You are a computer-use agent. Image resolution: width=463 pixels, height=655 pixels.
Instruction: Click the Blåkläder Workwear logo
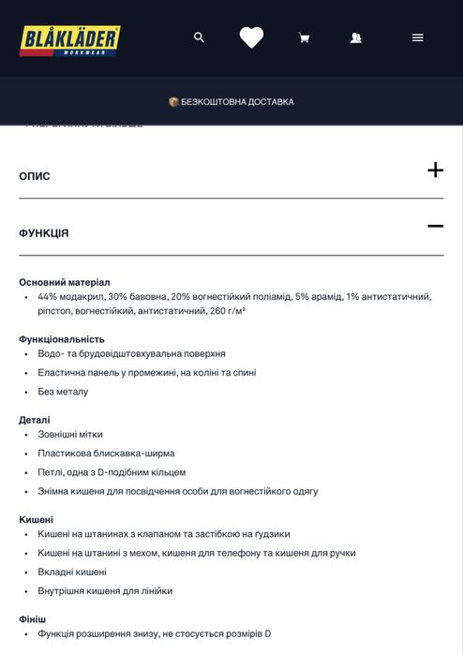70,39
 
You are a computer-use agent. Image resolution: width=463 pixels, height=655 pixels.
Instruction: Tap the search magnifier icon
199,37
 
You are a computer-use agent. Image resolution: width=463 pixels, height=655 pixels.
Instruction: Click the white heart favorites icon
251,37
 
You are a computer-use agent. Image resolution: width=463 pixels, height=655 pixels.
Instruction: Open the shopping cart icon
304,38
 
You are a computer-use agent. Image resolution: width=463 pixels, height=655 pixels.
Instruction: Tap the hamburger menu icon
417,37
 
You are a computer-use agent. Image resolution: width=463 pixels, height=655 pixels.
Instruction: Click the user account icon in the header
356,38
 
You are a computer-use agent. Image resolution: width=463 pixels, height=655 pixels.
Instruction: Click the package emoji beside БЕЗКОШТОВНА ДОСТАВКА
173,102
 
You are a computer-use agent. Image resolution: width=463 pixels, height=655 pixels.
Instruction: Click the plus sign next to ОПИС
435,171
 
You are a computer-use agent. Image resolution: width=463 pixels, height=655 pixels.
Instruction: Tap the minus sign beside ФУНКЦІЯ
435,226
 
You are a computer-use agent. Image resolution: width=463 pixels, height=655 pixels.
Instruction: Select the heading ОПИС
35,176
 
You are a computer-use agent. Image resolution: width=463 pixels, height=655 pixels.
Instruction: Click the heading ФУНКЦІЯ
44,233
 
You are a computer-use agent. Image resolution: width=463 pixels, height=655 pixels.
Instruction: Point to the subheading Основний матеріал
65,282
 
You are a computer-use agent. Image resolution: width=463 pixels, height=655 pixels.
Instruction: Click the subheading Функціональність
62,339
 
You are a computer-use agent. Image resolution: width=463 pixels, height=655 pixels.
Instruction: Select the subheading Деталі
35,420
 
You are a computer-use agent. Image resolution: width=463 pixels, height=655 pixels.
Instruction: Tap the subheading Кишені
37,519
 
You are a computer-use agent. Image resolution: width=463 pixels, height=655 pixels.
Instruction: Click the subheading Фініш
33,619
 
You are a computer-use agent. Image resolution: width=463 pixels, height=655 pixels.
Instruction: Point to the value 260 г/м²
228,311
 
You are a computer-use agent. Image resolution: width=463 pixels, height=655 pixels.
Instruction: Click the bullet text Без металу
63,392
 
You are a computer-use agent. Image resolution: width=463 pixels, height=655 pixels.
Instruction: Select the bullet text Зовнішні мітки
70,435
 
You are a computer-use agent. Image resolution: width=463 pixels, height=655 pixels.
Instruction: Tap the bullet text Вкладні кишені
72,572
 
